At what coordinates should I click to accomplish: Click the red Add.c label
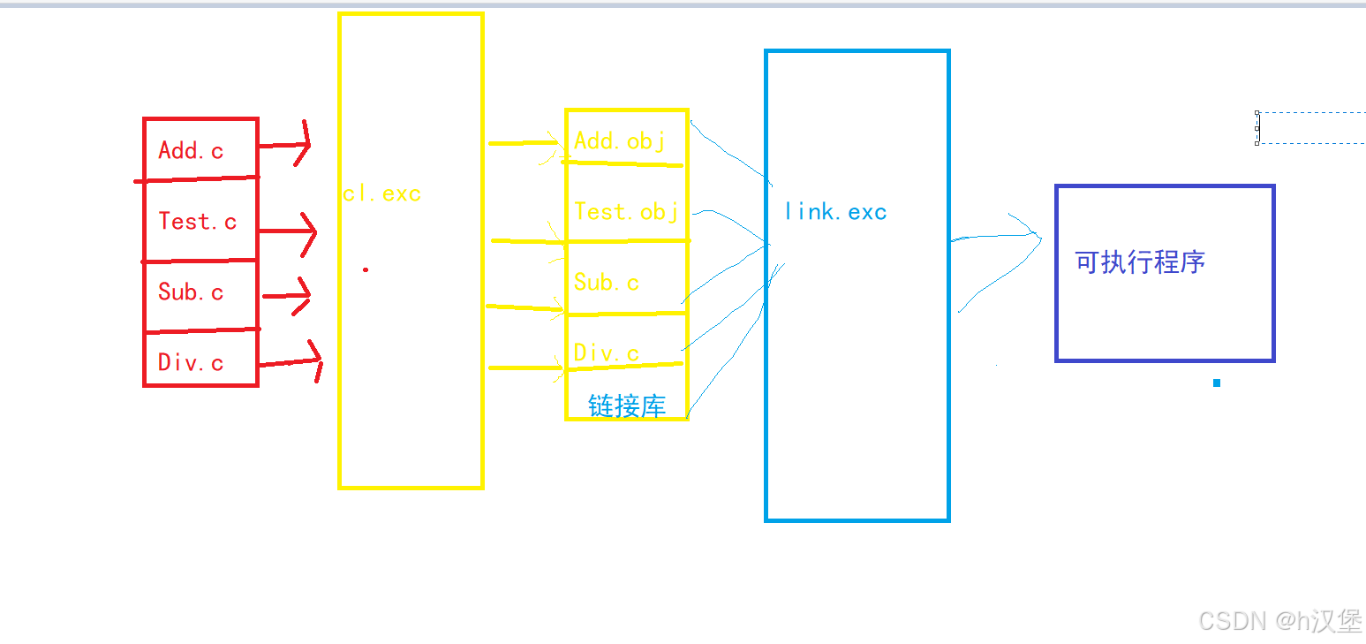coord(191,150)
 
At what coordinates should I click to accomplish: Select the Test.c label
coord(198,221)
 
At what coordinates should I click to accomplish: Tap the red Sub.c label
coord(191,292)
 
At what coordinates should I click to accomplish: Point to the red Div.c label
coord(191,362)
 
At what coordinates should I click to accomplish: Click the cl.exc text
coord(382,193)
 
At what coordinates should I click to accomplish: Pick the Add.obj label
coord(619,140)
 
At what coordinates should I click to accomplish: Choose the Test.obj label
coord(626,211)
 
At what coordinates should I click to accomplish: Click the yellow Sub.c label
coord(607,282)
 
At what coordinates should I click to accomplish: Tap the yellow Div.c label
coord(607,352)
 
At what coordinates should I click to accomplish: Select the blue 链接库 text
coord(627,405)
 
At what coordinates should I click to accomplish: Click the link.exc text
coord(835,212)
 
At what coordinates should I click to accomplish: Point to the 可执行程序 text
coord(1140,262)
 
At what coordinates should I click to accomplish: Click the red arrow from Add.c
coord(284,145)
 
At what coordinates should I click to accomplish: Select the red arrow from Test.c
coord(287,232)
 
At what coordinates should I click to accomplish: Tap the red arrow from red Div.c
coord(291,361)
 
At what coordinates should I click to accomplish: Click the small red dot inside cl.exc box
coord(366,269)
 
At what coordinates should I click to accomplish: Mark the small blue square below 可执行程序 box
coord(1217,383)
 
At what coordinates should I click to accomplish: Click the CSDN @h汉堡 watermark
coord(1279,620)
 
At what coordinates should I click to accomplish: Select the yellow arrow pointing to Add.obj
coord(525,143)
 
